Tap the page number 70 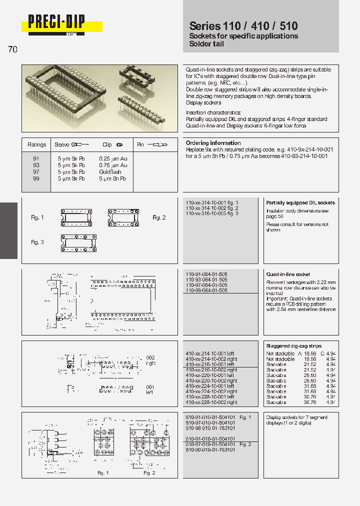(12, 49)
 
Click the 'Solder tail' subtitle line (206, 44)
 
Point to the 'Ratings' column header (36, 144)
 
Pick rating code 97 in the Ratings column (36, 172)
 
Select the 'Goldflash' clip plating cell (110, 172)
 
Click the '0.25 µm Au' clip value (113, 158)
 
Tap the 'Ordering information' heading (213, 143)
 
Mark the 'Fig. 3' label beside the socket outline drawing (37, 242)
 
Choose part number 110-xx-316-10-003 (212, 213)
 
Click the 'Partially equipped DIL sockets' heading (300, 202)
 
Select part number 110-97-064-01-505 (206, 285)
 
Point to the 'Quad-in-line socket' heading (288, 274)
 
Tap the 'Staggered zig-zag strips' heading (293, 346)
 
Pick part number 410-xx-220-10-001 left (210, 375)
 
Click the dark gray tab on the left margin (8, 230)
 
